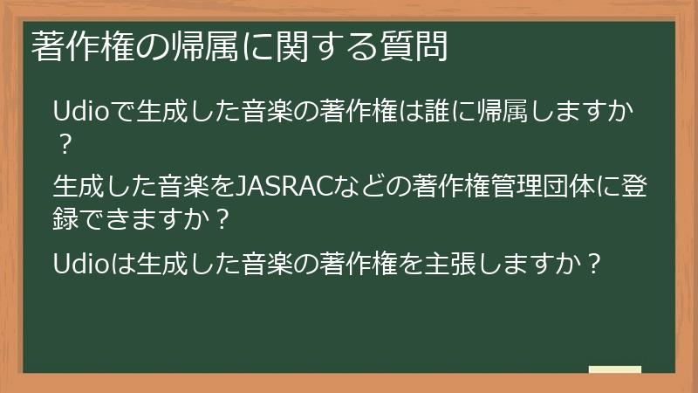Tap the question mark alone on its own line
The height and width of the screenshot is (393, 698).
pos(62,141)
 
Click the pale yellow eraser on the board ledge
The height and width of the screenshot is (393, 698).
pos(615,369)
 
